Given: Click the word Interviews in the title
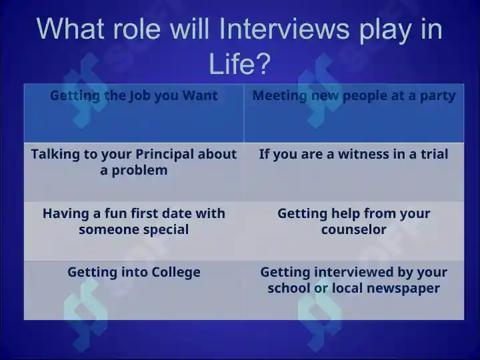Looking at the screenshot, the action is (284, 29).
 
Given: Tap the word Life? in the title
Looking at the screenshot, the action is (240, 64).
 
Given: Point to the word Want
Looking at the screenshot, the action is (200, 95).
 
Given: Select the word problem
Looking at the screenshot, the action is (139, 171).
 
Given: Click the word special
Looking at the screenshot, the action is (166, 230).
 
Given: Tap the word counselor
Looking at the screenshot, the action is (354, 229).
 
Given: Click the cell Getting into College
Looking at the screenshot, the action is (134, 290).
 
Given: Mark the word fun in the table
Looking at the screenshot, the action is (116, 213).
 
